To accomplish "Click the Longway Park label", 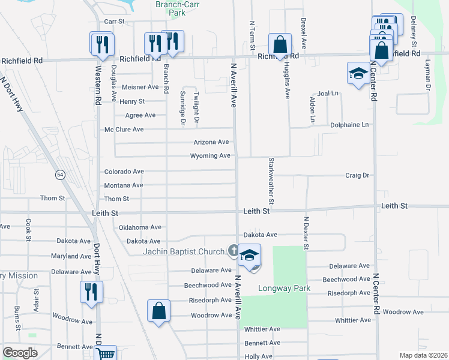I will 285,289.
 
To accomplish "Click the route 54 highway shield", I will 59,174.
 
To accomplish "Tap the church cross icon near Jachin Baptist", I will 234,251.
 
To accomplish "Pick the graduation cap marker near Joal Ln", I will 358,73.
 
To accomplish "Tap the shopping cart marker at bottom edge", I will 106,354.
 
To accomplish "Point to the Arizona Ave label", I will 211,142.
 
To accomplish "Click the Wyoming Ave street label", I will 210,156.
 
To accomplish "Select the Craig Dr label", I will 357,175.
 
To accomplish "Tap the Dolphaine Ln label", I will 349,125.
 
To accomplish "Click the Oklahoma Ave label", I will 140,227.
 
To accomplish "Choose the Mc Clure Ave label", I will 124,129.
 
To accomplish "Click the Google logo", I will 20,353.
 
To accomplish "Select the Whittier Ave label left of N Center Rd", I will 353,320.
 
